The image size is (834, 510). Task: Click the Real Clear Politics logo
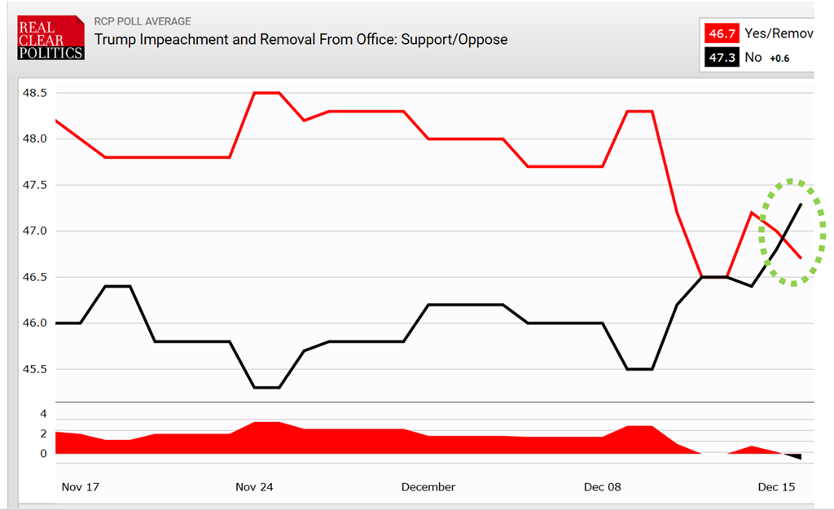click(x=50, y=38)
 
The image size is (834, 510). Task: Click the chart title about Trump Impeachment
click(x=301, y=39)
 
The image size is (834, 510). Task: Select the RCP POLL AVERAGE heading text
click(x=143, y=21)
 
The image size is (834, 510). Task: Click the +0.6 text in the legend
click(x=779, y=58)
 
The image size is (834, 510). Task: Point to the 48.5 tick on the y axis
click(x=34, y=93)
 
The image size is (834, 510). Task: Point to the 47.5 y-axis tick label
click(x=34, y=185)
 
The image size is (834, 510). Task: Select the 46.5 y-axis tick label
click(x=34, y=277)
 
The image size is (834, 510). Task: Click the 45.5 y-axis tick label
click(x=34, y=369)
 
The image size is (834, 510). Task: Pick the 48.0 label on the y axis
click(x=34, y=138)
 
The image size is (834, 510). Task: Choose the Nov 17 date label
click(x=80, y=487)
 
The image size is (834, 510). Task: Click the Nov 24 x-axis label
click(x=254, y=487)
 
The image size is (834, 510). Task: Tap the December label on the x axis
click(x=428, y=487)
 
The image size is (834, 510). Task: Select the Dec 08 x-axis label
click(x=603, y=487)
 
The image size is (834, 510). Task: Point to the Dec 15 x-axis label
click(x=777, y=487)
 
